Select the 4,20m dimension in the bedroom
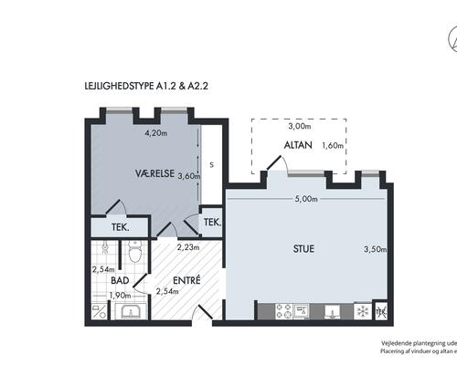(158, 132)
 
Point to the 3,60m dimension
(188, 176)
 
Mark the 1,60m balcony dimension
(333, 145)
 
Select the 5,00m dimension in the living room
(306, 200)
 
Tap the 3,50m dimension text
(376, 248)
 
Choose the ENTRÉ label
(186, 279)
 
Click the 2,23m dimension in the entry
(186, 246)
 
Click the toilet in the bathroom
(134, 252)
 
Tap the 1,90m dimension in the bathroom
(119, 296)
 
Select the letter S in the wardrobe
(211, 165)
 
